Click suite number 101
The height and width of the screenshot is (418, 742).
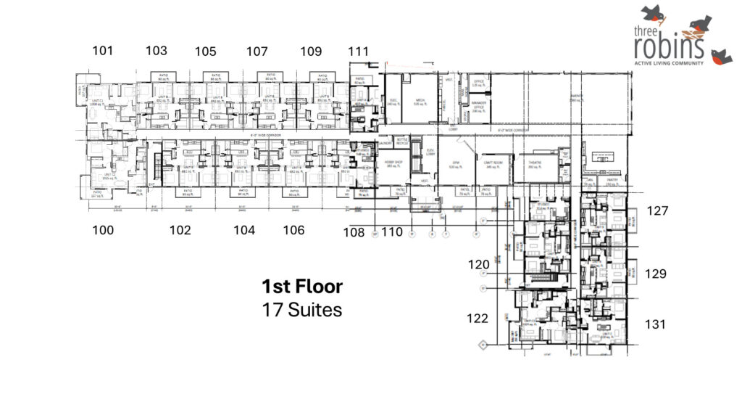pyautogui.click(x=103, y=50)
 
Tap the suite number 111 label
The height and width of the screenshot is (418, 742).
pyautogui.click(x=358, y=51)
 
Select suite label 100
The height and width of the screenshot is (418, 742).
pyautogui.click(x=104, y=230)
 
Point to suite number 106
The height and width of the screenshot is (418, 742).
pyautogui.click(x=293, y=230)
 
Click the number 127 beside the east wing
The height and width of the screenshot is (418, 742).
pyautogui.click(x=656, y=211)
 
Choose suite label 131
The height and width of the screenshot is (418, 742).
pyautogui.click(x=655, y=324)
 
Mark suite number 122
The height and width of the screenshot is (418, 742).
pyautogui.click(x=478, y=318)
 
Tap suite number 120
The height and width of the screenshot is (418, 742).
pyautogui.click(x=478, y=266)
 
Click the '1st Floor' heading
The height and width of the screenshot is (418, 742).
pyautogui.click(x=302, y=286)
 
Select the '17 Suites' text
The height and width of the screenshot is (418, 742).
pyautogui.click(x=301, y=310)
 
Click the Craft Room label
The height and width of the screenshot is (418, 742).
pyautogui.click(x=493, y=163)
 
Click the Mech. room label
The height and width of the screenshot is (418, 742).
pyautogui.click(x=418, y=102)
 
